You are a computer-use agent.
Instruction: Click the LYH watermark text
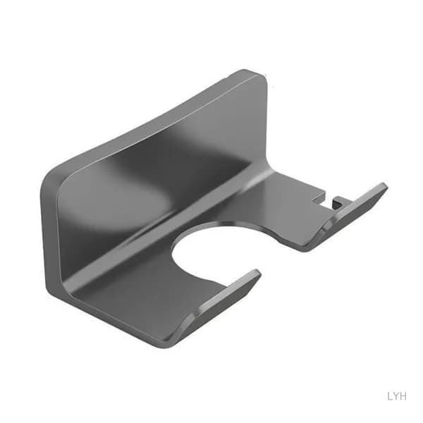click(397, 396)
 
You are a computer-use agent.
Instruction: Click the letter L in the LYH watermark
click(390, 396)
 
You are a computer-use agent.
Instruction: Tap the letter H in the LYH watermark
click(403, 396)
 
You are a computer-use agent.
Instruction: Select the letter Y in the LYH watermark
click(396, 396)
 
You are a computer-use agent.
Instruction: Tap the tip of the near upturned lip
click(257, 271)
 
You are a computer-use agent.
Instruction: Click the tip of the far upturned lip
click(384, 185)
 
